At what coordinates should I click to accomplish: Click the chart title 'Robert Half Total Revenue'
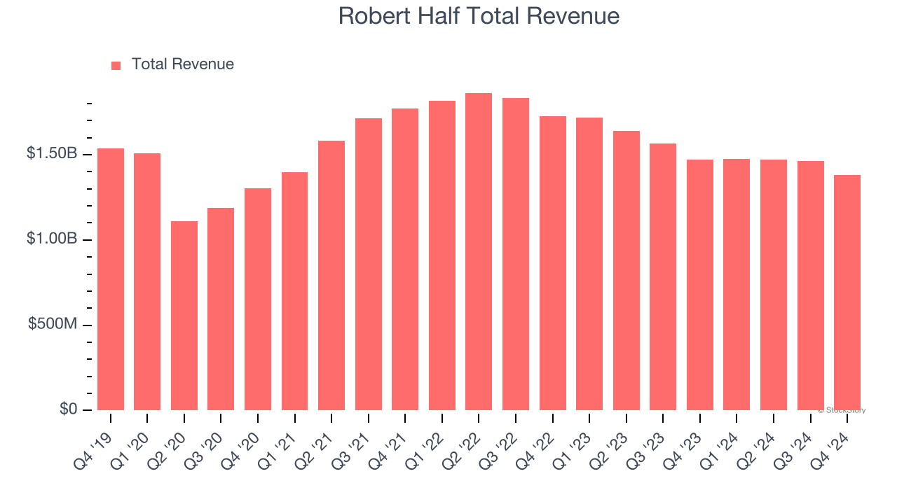[x=479, y=16]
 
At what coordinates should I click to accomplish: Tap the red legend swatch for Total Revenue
[x=116, y=65]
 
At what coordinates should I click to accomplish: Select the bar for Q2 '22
[x=479, y=252]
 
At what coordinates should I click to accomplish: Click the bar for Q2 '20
[x=184, y=316]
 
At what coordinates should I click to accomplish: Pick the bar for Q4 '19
[x=111, y=279]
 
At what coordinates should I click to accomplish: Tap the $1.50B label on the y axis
[x=52, y=153]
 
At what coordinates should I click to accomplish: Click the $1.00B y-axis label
[x=52, y=239]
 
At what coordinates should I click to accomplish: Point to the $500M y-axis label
[x=53, y=324]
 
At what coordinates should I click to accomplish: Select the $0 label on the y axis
[x=68, y=409]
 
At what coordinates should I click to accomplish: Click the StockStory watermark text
[x=842, y=410]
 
